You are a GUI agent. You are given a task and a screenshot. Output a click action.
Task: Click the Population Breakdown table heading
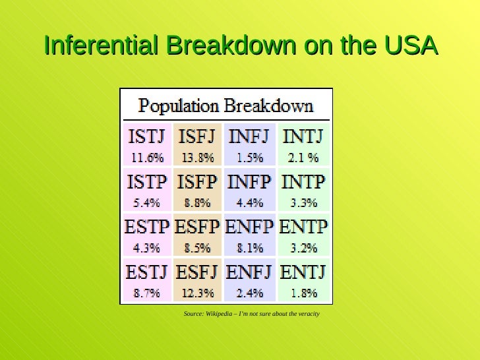coord(225,105)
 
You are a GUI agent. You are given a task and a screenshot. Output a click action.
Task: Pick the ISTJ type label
coord(146,137)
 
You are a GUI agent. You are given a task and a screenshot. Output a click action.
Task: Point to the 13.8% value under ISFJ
coord(198,158)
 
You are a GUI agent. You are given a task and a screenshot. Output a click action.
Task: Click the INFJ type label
coord(249,137)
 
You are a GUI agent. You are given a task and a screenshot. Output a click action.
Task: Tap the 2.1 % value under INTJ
coord(303,158)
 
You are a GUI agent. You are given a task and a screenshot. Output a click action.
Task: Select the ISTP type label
coord(146,182)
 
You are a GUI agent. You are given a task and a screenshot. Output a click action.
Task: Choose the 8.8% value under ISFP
coord(198,202)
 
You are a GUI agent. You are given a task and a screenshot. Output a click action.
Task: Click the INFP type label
coord(249,182)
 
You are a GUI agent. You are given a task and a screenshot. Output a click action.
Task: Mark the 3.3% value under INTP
coord(303,202)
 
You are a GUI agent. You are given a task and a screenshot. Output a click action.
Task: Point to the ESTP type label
coord(146,227)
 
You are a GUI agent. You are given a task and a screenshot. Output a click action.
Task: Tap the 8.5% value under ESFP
coord(198,248)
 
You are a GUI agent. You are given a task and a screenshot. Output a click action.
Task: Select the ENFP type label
coord(249,227)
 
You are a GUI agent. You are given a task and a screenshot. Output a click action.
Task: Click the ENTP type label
coord(303,227)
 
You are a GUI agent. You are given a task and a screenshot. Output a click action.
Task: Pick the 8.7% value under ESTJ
coord(146,293)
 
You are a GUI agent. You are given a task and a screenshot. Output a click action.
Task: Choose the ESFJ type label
coord(198,272)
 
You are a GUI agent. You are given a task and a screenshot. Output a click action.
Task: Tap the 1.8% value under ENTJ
coord(303,293)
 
